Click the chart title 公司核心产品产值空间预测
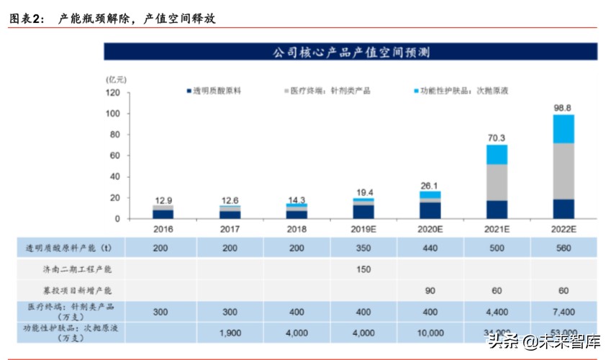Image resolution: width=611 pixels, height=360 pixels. (350, 53)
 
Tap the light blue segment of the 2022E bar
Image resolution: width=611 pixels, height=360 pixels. (563, 129)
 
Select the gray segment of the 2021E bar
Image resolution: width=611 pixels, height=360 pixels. (497, 182)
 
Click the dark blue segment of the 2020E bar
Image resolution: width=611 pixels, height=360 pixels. (430, 210)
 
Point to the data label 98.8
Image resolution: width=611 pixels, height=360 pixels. (564, 107)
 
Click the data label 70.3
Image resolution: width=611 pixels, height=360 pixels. (497, 137)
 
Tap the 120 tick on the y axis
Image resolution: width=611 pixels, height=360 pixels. (114, 93)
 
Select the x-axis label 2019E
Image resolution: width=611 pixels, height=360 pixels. (363, 230)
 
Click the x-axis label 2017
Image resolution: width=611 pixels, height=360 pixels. (230, 230)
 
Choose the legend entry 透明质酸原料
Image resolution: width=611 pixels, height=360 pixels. (217, 91)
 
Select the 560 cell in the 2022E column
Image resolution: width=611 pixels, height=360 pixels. (564, 248)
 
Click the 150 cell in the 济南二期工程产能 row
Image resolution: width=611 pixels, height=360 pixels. (363, 269)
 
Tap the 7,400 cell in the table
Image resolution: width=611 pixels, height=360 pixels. (564, 312)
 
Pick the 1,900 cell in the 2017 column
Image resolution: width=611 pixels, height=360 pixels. (230, 333)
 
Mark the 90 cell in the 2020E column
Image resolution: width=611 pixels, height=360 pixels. (430, 290)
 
